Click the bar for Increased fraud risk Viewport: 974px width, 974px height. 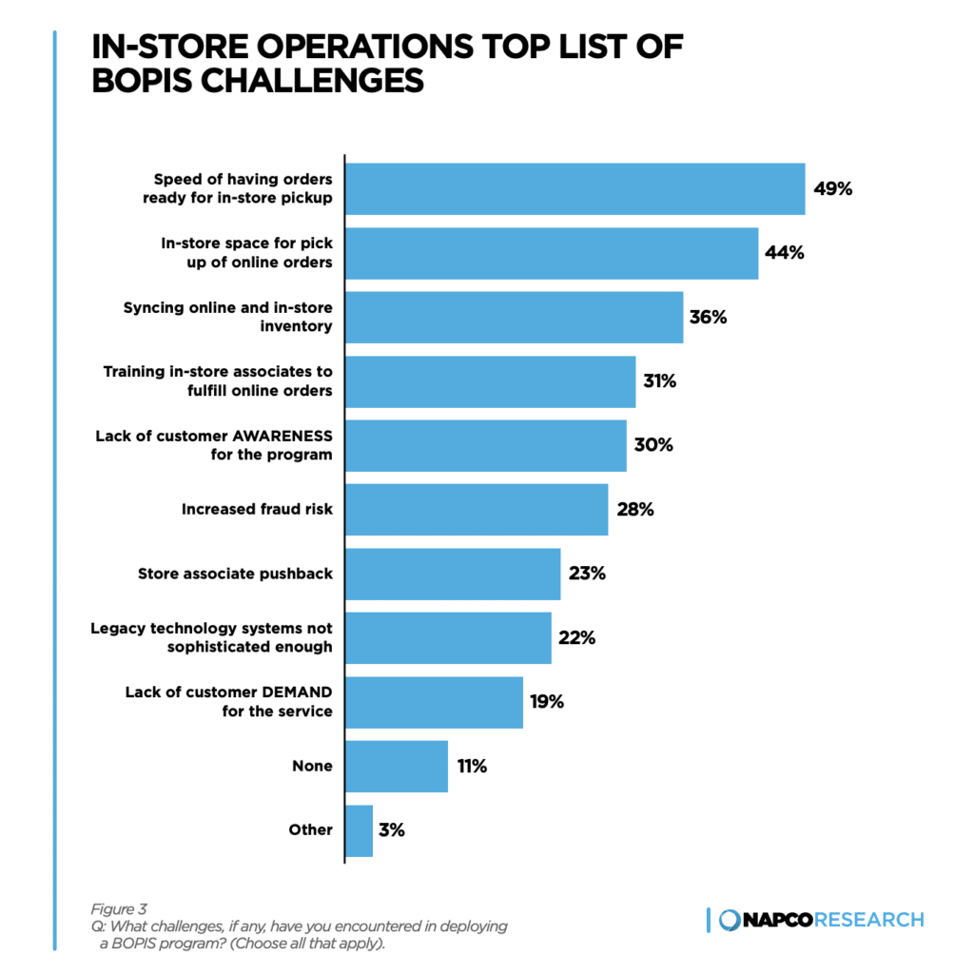point(476,510)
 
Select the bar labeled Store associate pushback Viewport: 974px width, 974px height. point(452,574)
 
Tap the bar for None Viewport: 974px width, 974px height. point(396,766)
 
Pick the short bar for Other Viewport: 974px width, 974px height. point(359,830)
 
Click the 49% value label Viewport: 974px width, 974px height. point(832,188)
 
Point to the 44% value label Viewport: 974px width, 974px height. point(785,253)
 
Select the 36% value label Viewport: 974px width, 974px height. point(709,318)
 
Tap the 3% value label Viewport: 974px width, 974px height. point(391,830)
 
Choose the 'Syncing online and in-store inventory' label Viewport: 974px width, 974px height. point(228,317)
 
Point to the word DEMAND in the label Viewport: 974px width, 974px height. point(289,692)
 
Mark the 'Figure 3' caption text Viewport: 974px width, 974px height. point(119,908)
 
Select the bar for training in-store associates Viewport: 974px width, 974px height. point(490,381)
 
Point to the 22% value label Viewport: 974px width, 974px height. point(576,638)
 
